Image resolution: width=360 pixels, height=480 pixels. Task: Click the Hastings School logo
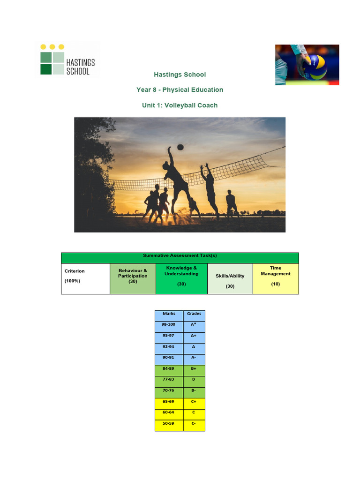coord(68,60)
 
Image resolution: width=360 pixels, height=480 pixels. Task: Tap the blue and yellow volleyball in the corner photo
coord(314,67)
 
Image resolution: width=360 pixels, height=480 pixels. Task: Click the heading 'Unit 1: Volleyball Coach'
coord(180,105)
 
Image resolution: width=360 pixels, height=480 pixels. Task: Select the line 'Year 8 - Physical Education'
coord(180,90)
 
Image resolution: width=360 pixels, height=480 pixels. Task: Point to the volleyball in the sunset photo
coord(180,147)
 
